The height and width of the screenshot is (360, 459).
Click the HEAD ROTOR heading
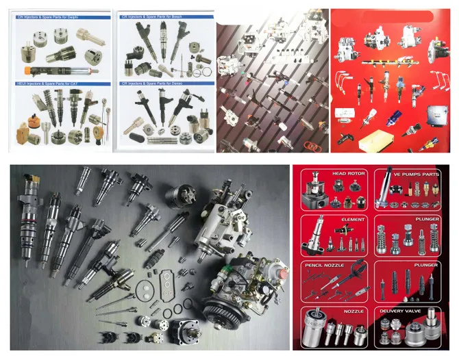tap(348, 175)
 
